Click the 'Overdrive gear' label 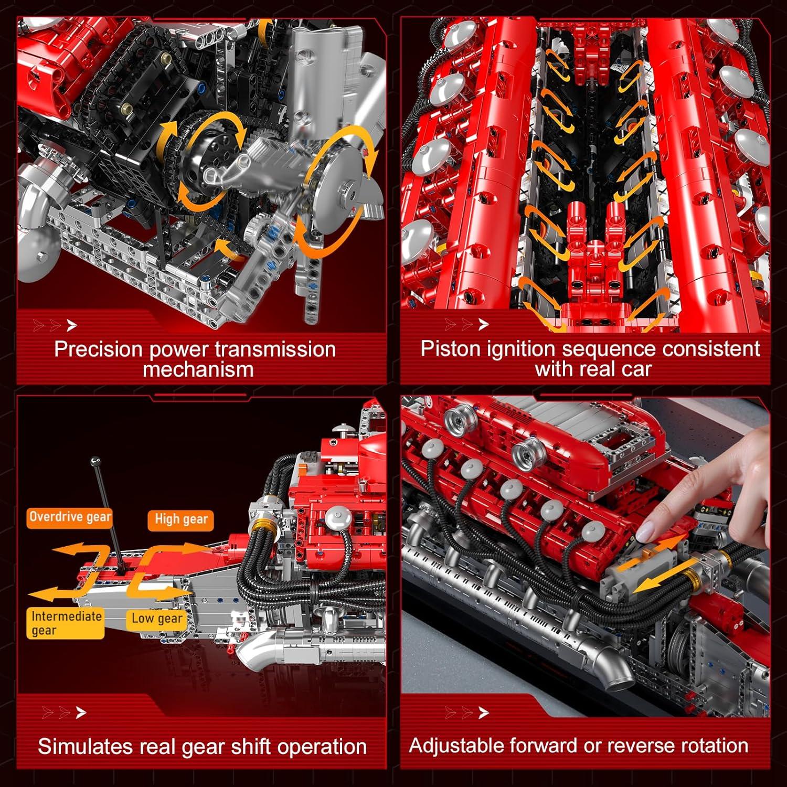coord(70,517)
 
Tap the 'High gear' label coord(181,519)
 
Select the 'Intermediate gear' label coord(65,623)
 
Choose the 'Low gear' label coord(156,619)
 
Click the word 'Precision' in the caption coord(98,349)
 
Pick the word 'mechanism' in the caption coord(198,369)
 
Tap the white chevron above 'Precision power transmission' coord(72,326)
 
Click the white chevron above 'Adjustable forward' coord(484,712)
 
